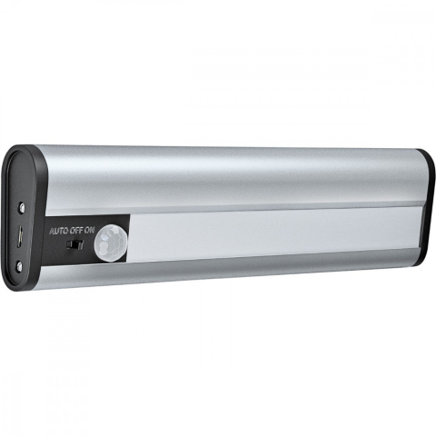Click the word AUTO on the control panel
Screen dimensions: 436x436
(59, 232)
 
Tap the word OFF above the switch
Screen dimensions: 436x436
(76, 231)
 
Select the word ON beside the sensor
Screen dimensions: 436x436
(89, 231)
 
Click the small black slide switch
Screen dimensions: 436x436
(74, 244)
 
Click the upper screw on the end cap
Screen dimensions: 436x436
(23, 207)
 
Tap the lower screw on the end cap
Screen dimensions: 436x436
(20, 266)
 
